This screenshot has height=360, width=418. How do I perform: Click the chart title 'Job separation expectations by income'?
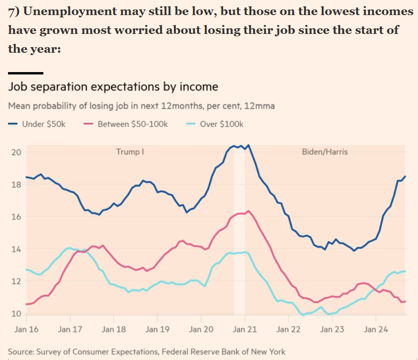point(113,87)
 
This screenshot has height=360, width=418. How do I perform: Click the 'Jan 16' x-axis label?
point(26,329)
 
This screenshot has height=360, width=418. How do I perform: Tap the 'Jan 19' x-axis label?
point(157,329)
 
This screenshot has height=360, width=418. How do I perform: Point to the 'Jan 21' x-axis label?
point(245,329)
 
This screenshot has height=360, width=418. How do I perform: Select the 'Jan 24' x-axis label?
point(376,329)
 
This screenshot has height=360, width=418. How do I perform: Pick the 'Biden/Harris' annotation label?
point(325,152)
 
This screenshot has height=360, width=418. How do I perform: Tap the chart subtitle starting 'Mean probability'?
point(141,106)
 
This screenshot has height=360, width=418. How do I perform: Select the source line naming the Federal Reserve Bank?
point(146,352)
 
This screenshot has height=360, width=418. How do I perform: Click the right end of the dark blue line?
point(405,176)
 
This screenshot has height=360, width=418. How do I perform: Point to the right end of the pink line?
point(405,302)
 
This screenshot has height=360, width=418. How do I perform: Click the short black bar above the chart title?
point(25,73)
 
